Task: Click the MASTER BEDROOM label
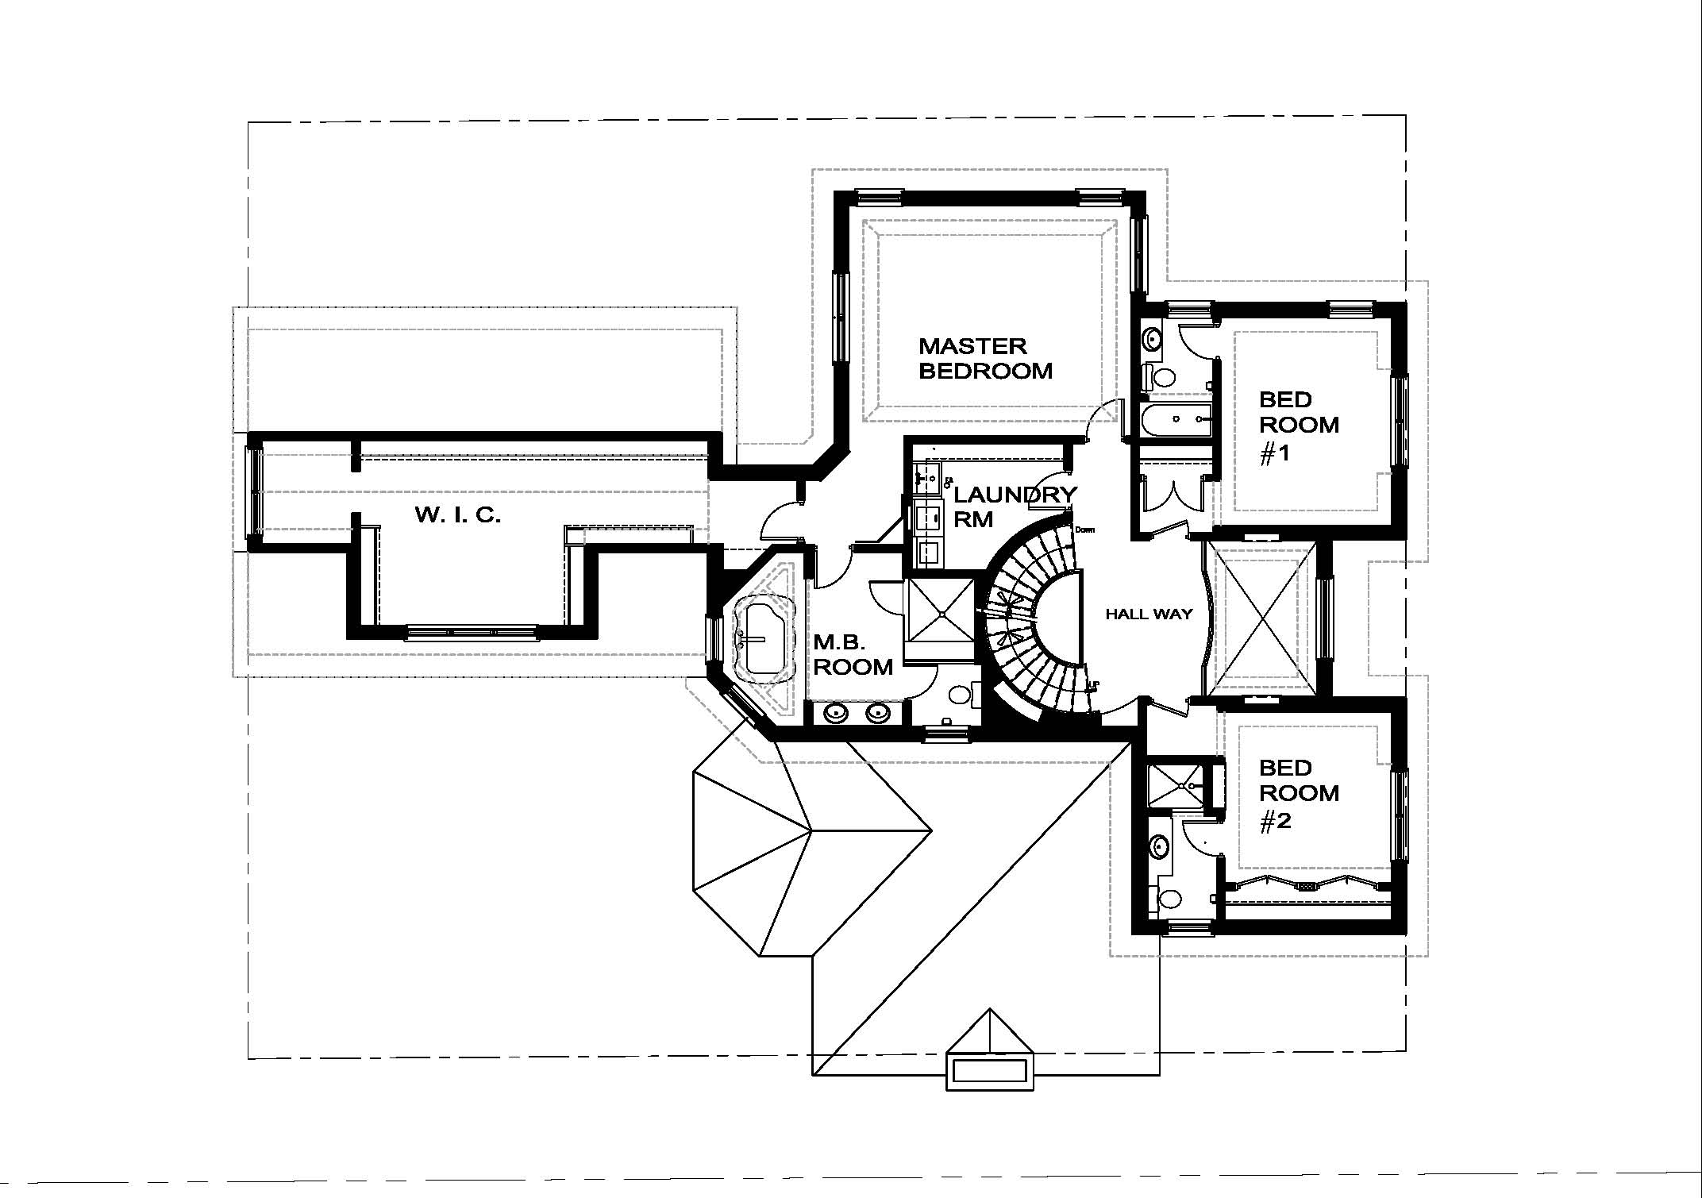pyautogui.click(x=985, y=358)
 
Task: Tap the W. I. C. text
pyautogui.click(x=457, y=515)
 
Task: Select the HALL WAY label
pyautogui.click(x=1149, y=614)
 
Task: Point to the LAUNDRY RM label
pyautogui.click(x=1015, y=507)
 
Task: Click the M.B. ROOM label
pyautogui.click(x=853, y=655)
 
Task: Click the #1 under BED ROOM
pyautogui.click(x=1275, y=453)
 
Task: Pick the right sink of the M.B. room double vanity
pyautogui.click(x=876, y=712)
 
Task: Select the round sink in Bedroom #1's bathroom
pyautogui.click(x=1153, y=340)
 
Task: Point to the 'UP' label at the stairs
pyautogui.click(x=1094, y=684)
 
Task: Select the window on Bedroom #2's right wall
pyautogui.click(x=1400, y=814)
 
